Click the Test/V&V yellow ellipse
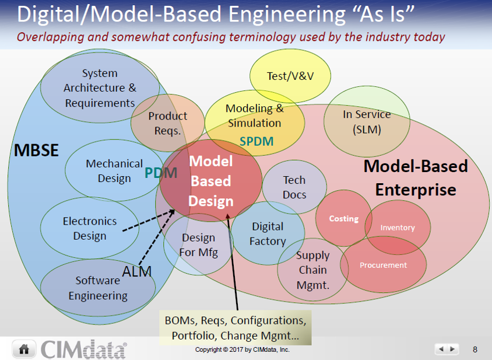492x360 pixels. click(282, 76)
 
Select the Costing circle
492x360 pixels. click(344, 218)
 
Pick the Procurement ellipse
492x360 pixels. click(383, 265)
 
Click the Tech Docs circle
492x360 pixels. click(294, 187)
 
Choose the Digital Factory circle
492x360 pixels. click(268, 233)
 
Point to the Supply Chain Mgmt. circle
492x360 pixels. click(313, 270)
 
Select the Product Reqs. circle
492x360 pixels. click(168, 123)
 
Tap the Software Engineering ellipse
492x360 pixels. click(98, 288)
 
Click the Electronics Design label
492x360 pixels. click(90, 229)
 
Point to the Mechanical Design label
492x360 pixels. click(114, 171)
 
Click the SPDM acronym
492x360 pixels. click(256, 142)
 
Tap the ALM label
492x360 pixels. click(137, 271)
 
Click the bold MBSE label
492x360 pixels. click(36, 151)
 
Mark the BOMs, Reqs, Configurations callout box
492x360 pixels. click(235, 328)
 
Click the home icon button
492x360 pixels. click(24, 349)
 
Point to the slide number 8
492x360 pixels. click(475, 349)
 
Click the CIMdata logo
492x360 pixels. click(83, 349)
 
